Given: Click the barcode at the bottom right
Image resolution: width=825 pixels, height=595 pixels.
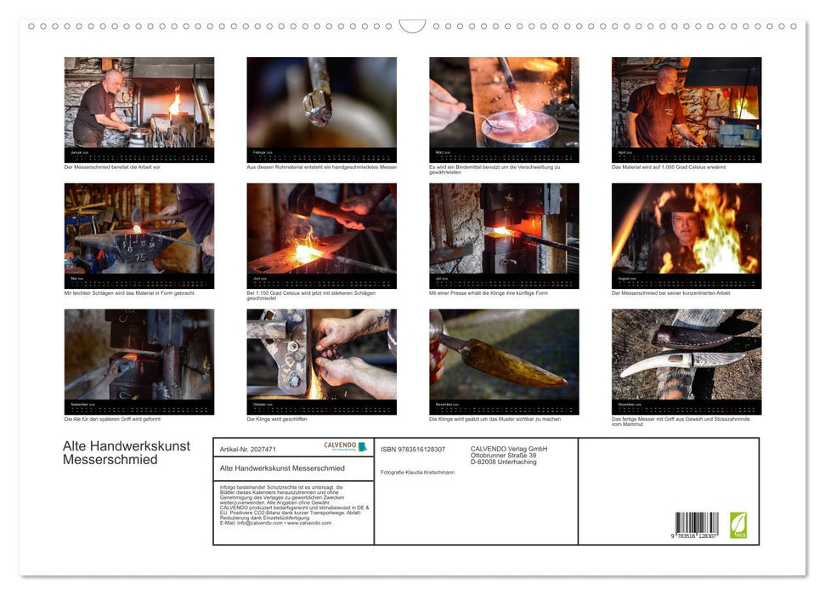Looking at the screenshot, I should click(696, 523).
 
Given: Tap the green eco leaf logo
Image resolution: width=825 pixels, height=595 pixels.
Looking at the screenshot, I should click(737, 524).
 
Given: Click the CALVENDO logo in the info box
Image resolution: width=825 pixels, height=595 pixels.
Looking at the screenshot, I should click(344, 446).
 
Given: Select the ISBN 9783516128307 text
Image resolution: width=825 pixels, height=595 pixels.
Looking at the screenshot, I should click(412, 449).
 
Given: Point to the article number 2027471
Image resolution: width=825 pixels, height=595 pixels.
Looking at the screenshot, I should click(247, 449).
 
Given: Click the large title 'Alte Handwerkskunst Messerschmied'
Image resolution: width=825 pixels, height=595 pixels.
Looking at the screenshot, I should click(126, 453).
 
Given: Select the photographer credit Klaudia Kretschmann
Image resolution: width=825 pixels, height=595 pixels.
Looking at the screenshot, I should click(417, 472).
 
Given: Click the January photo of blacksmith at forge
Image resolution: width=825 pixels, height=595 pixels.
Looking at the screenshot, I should click(138, 103).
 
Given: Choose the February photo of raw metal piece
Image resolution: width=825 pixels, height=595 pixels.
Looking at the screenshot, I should click(321, 103).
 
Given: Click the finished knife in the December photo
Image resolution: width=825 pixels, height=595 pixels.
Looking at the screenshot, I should click(680, 361).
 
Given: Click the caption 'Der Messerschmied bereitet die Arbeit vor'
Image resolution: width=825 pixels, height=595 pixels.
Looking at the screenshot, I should click(112, 167).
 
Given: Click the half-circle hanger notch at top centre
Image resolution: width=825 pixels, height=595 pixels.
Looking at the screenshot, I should click(412, 25).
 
